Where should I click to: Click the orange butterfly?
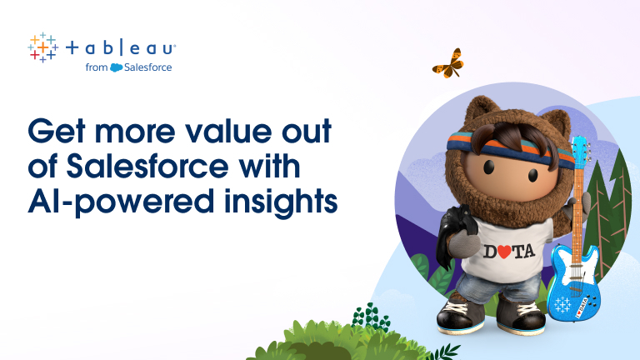point(448,64)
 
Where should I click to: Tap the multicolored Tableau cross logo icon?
point(42,47)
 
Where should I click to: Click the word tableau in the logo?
point(120,48)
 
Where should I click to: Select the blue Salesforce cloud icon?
point(117,67)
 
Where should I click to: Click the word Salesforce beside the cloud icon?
point(147,67)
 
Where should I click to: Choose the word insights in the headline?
point(281,201)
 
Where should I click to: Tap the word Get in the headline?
point(57,131)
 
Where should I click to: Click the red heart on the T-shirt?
point(503,252)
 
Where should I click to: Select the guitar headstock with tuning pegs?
point(581,152)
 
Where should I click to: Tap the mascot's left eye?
point(489,166)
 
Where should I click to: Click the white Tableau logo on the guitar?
point(562,304)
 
